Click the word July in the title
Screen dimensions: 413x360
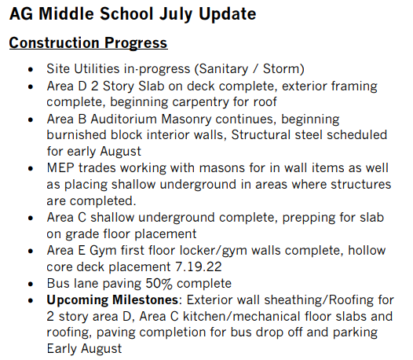point(175,15)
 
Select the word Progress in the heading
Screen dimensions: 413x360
point(136,43)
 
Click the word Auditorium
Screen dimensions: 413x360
point(124,119)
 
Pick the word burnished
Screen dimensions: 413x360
point(76,134)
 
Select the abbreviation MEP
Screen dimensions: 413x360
point(60,168)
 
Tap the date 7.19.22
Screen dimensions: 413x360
point(199,267)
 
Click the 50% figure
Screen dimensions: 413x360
point(159,284)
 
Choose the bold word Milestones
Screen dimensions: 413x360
point(145,299)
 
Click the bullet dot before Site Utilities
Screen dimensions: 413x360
point(31,70)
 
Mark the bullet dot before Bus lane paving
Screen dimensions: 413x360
point(31,285)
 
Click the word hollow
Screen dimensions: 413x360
point(367,250)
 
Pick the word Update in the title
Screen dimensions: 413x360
point(228,15)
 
